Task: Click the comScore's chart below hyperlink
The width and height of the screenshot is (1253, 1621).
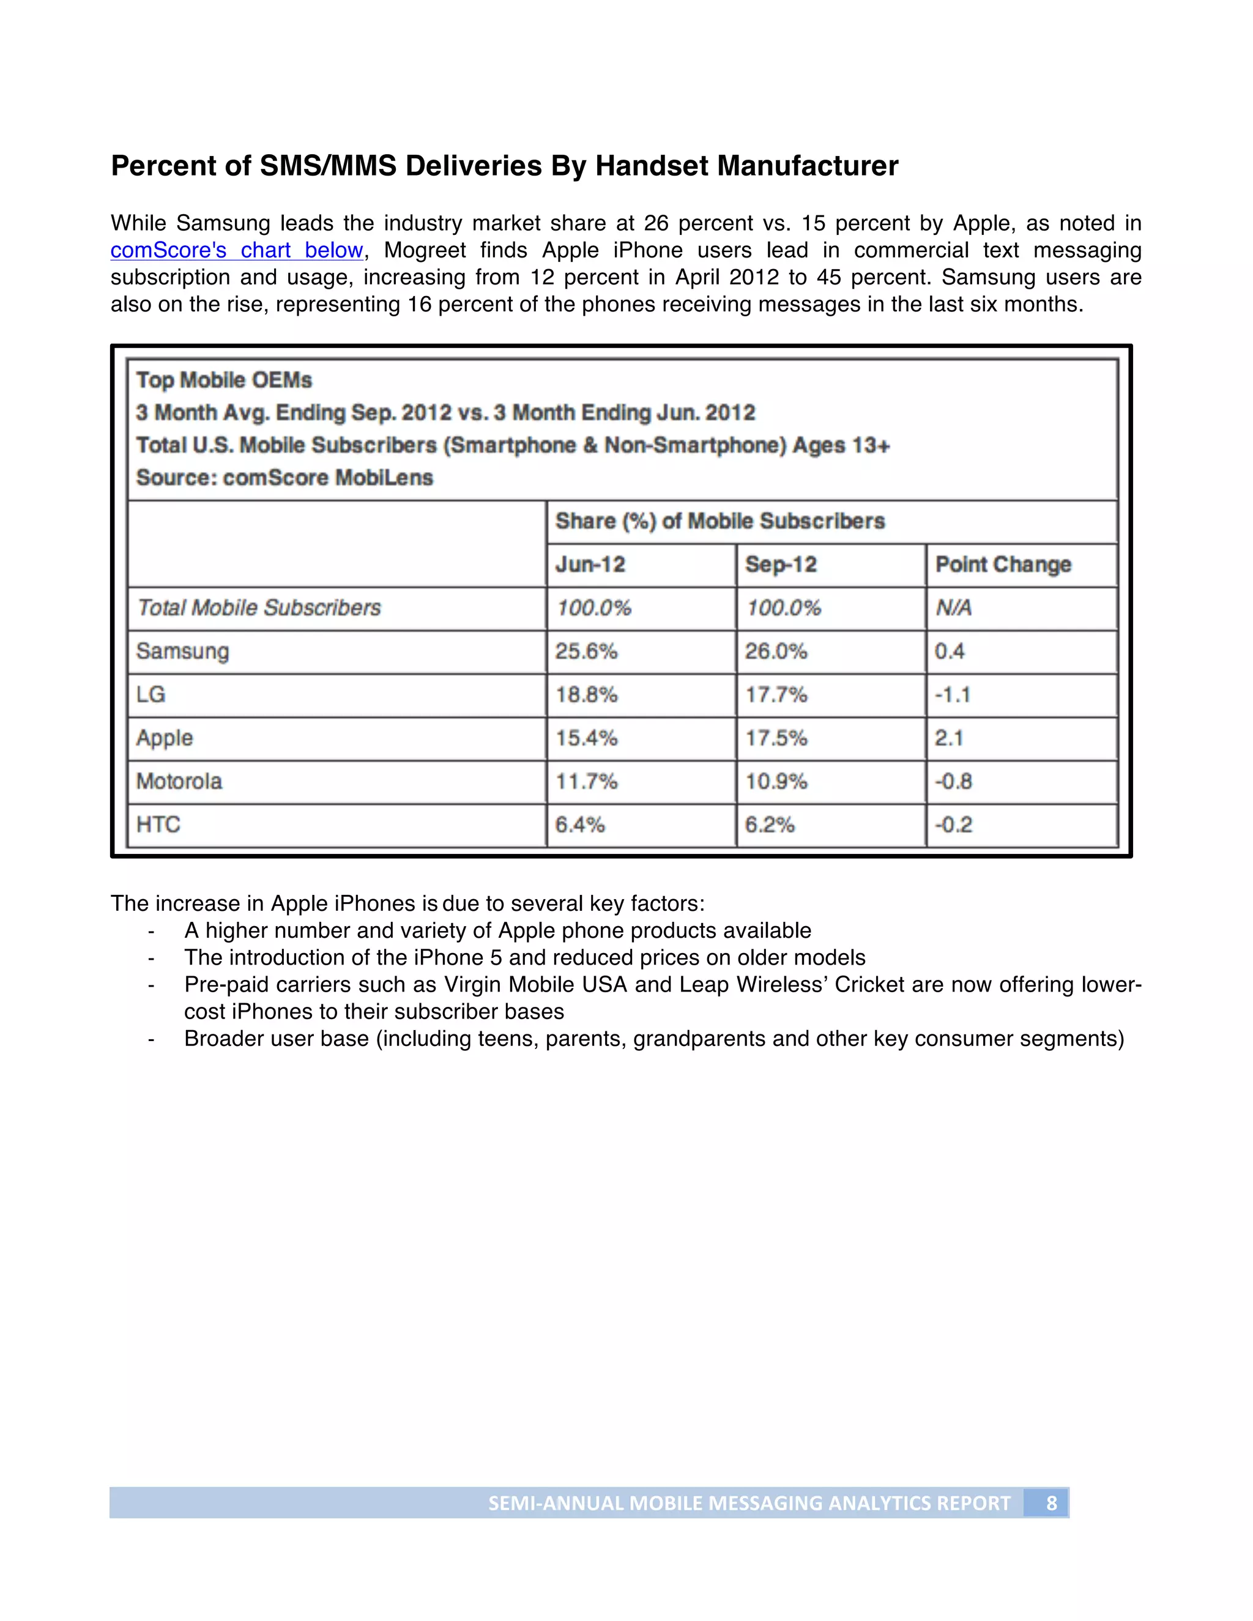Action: pyautogui.click(x=237, y=250)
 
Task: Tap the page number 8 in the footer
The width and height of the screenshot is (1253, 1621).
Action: pyautogui.click(x=1051, y=1503)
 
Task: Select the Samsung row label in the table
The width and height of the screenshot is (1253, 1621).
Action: pyautogui.click(x=182, y=651)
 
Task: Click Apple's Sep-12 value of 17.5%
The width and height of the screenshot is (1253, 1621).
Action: pyautogui.click(x=776, y=738)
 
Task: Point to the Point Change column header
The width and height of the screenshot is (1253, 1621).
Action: pyautogui.click(x=1003, y=564)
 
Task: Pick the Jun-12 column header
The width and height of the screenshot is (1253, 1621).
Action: pyautogui.click(x=590, y=564)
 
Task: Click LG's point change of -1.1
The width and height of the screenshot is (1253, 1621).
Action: pyautogui.click(x=953, y=695)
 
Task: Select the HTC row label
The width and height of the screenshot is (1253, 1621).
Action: pyautogui.click(x=158, y=825)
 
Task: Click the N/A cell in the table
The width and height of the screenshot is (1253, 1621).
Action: pyautogui.click(x=954, y=608)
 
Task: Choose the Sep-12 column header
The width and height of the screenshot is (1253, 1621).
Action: pyautogui.click(x=781, y=564)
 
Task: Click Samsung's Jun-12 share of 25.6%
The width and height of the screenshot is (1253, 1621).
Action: pyautogui.click(x=586, y=651)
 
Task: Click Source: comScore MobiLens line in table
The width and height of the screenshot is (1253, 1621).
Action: pyautogui.click(x=284, y=477)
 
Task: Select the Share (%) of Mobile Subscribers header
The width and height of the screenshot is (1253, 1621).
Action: pyautogui.click(x=720, y=521)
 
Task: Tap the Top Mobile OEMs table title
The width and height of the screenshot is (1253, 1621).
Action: pyautogui.click(x=224, y=380)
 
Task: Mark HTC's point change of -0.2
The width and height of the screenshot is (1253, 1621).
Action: pyautogui.click(x=953, y=825)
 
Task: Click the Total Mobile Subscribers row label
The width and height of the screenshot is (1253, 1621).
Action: pyautogui.click(x=259, y=608)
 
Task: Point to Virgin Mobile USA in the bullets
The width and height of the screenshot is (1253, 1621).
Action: pyautogui.click(x=536, y=984)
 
